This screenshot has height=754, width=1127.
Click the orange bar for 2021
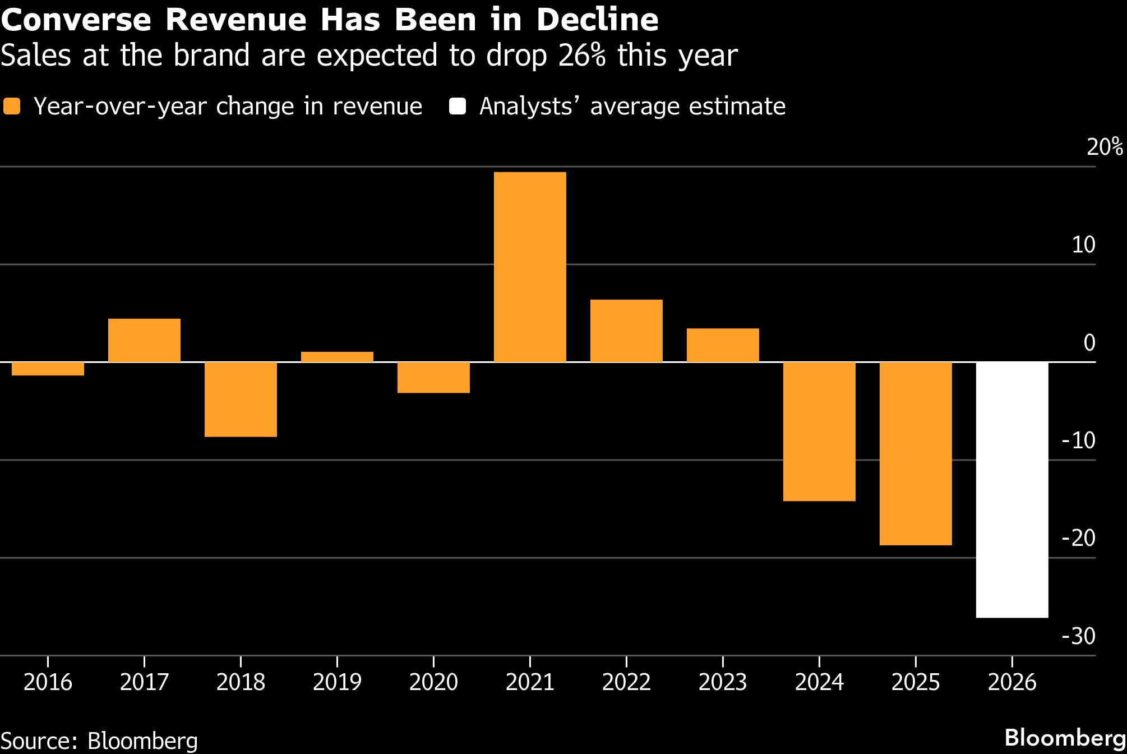[530, 267]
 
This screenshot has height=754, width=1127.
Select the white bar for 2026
[1012, 490]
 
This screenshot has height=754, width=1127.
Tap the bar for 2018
[241, 399]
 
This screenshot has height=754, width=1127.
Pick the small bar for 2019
[337, 357]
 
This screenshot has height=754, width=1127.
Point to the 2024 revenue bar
[819, 431]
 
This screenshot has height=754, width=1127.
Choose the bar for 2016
[48, 369]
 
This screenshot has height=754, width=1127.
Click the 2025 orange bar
[916, 453]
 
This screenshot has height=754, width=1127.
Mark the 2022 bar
[626, 331]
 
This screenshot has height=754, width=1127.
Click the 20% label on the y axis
[1104, 147]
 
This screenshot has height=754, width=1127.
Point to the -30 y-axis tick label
[1078, 636]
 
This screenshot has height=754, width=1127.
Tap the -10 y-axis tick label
[1078, 440]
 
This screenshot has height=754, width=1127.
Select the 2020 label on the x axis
[433, 682]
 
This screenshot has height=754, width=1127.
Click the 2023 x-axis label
[723, 682]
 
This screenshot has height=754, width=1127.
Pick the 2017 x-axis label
[144, 682]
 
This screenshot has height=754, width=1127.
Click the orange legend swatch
[12, 107]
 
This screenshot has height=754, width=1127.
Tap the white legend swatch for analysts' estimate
[458, 107]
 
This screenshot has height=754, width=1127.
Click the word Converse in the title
[76, 20]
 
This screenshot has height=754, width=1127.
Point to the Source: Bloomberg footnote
[99, 741]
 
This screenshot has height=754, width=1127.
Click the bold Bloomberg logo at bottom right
[1065, 738]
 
